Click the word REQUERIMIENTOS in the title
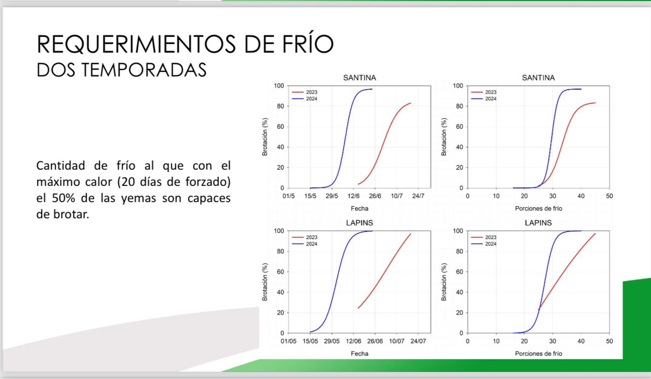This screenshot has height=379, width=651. coord(136,44)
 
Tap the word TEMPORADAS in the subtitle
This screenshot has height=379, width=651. coord(144,70)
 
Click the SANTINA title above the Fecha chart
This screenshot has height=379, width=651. coord(359,78)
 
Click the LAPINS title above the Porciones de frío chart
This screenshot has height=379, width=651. coord(538,223)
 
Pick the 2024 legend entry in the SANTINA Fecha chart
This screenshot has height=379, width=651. coord(304,99)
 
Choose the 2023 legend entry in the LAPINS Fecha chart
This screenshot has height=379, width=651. coord(304,237)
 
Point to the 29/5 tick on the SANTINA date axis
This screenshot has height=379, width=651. coord(332,196)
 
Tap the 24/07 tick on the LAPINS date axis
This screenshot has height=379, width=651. coord(418,341)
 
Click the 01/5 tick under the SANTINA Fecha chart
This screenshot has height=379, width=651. coord(288,196)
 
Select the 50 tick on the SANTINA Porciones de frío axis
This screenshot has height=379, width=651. coord(609,196)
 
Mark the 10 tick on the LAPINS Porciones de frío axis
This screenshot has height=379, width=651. coord(496,341)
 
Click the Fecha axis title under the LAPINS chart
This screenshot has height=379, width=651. coord(359,354)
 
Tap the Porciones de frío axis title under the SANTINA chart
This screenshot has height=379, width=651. coord(538,209)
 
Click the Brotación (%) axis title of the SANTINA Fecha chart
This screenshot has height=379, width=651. coord(265,137)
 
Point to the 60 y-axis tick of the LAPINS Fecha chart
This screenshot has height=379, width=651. coord(280,272)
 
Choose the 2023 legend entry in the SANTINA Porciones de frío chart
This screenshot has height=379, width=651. coord(484,92)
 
